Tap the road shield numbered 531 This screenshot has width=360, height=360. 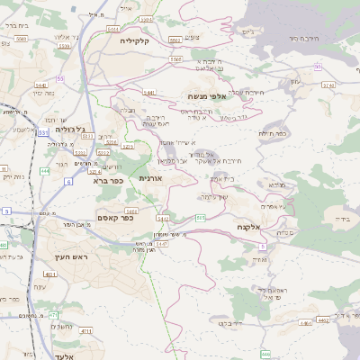(44, 133)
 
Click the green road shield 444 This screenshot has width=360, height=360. (45, 170)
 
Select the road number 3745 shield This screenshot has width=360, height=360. (328, 85)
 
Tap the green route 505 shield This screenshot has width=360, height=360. (200, 217)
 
